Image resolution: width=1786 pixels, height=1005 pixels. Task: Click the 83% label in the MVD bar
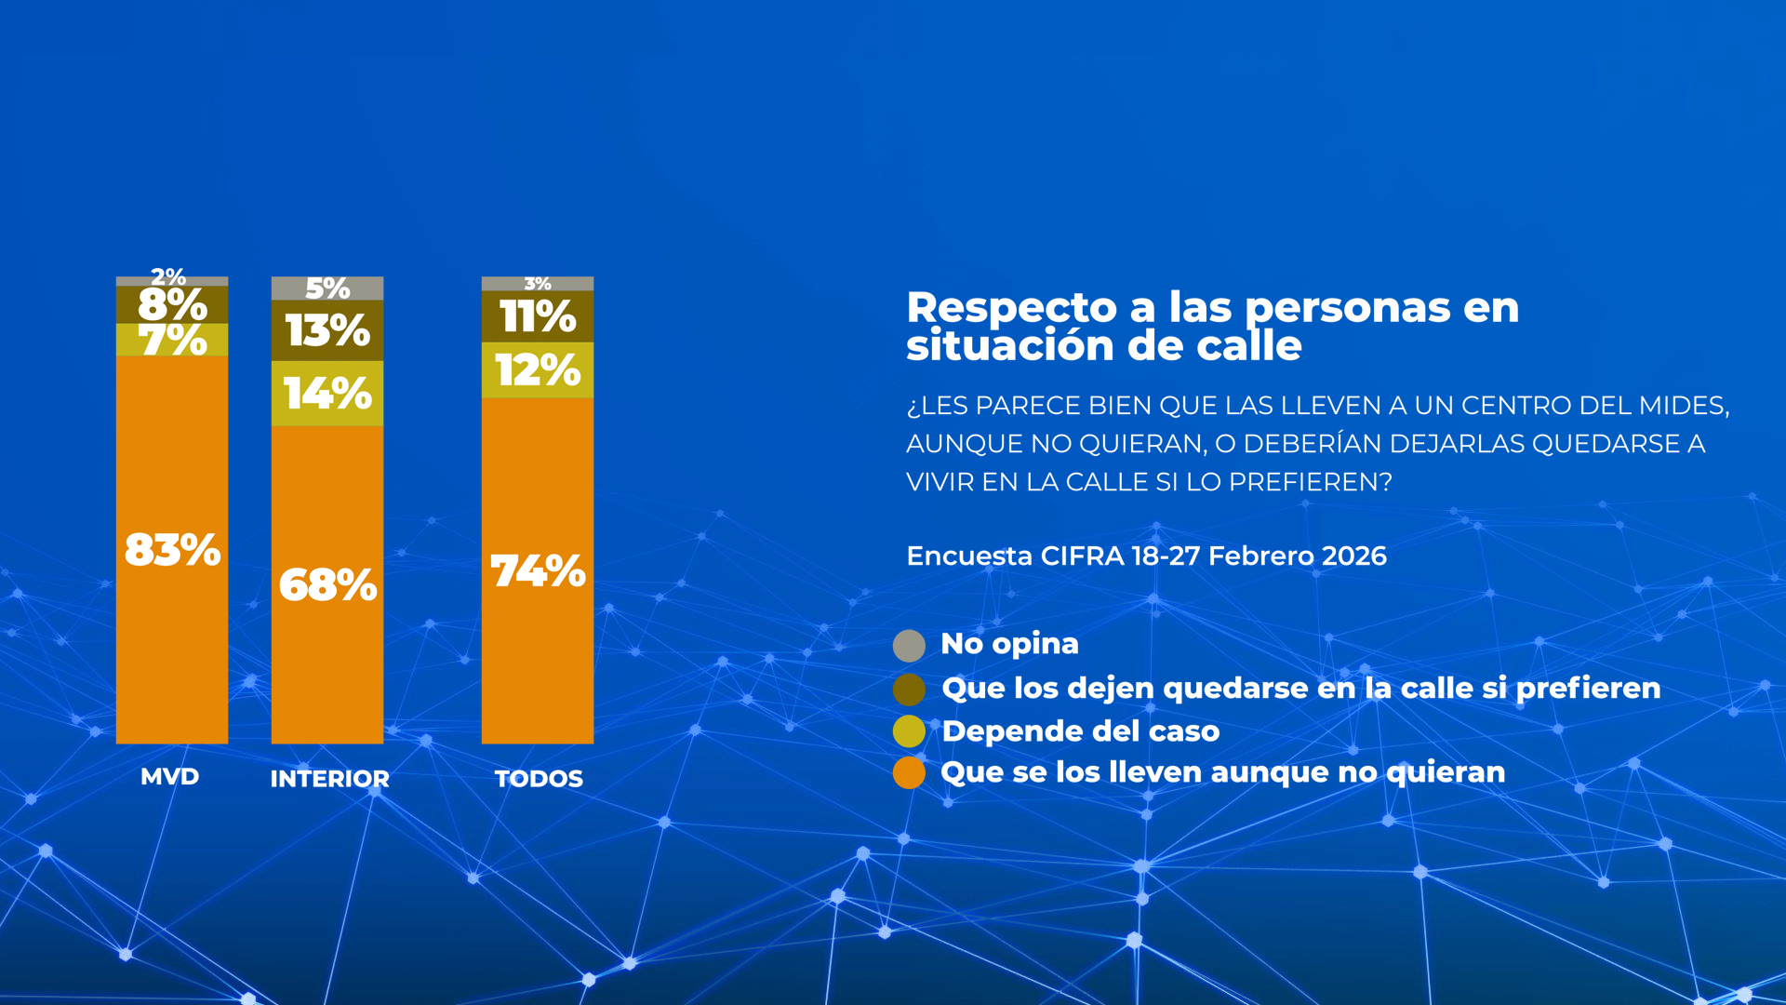172,550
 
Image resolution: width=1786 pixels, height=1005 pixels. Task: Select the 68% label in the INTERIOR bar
327,585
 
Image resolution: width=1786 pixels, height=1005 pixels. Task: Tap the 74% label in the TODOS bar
538,571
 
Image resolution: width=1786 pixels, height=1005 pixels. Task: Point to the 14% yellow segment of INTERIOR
327,394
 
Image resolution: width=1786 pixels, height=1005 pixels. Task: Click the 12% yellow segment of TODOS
538,370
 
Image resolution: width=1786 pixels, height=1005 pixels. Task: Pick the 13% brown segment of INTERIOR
327,330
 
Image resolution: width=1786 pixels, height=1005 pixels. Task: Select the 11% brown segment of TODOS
538,316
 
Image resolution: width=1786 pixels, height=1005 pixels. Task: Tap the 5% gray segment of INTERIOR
327,288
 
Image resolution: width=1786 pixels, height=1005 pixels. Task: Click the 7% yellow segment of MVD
172,340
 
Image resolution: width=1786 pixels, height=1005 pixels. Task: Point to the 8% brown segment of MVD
172,304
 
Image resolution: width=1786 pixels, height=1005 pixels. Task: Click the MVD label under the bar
169,777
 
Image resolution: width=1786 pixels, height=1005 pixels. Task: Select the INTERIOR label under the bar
329,779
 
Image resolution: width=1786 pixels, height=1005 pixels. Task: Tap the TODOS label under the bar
539,779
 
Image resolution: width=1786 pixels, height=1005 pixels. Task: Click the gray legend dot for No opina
909,645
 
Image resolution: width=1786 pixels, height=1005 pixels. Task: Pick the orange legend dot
909,772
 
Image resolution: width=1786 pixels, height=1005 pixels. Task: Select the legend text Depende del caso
1080,731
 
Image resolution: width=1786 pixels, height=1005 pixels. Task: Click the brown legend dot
909,690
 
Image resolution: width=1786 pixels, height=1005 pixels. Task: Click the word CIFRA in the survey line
1082,556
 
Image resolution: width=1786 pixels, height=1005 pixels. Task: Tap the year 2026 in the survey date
1353,556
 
